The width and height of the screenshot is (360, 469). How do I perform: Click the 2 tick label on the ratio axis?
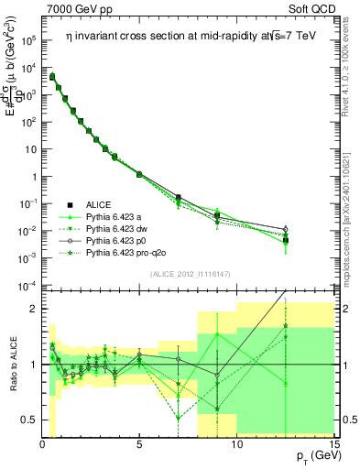coord(34,309)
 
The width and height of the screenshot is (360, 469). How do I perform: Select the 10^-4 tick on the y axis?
coord(29,286)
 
